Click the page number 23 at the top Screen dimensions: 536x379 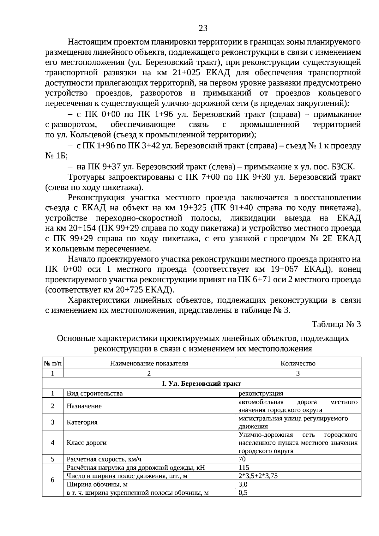(x=203, y=28)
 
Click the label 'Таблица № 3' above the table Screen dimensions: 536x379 (x=336, y=324)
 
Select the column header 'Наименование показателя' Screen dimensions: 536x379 (x=149, y=363)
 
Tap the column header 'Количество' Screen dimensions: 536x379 (x=298, y=363)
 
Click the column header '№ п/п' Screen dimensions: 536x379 (x=53, y=363)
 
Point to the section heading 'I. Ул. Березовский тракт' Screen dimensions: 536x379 (x=202, y=383)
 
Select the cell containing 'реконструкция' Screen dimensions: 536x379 (x=261, y=394)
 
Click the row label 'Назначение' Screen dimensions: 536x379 (x=84, y=406)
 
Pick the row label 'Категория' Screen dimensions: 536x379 (x=82, y=422)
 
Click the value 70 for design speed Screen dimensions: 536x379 (x=242, y=459)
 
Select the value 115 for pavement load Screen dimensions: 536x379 (x=244, y=467)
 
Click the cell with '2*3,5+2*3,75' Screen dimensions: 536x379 (x=258, y=476)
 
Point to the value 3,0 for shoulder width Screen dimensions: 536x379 (x=243, y=484)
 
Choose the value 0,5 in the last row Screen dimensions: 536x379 (x=243, y=492)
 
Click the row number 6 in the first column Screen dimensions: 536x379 (x=53, y=480)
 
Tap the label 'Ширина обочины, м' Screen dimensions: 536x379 (x=97, y=484)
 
